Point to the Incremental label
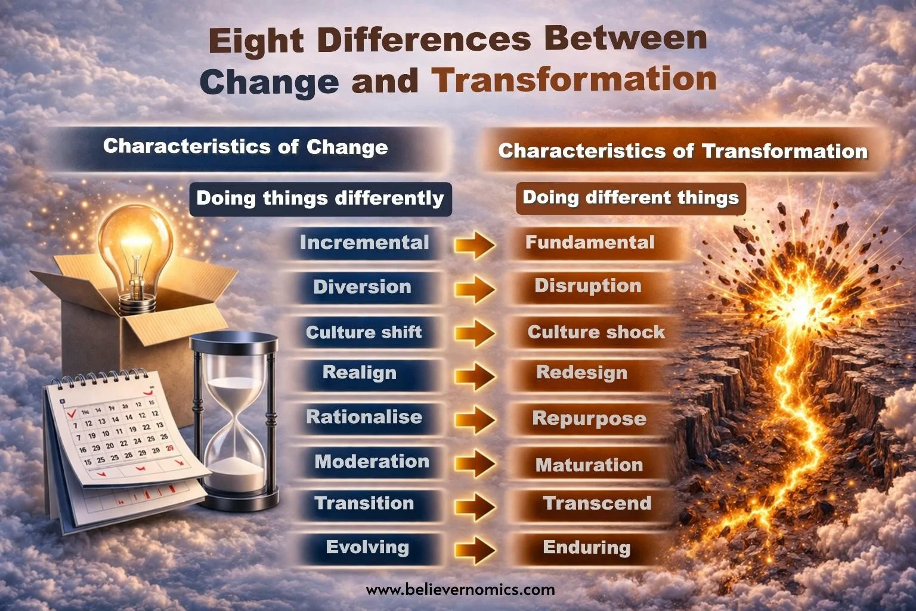[x=364, y=242]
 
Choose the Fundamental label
[x=590, y=242]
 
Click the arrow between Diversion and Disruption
[x=475, y=289]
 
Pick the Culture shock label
[x=596, y=332]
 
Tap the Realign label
[x=360, y=373]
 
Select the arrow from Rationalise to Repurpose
[x=475, y=419]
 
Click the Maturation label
[x=589, y=465]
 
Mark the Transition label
[x=364, y=503]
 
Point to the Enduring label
[x=586, y=548]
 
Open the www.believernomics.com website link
[x=460, y=590]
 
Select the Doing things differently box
[x=320, y=198]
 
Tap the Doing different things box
[x=630, y=198]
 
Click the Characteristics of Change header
[x=245, y=147]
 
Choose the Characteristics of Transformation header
[x=683, y=151]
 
